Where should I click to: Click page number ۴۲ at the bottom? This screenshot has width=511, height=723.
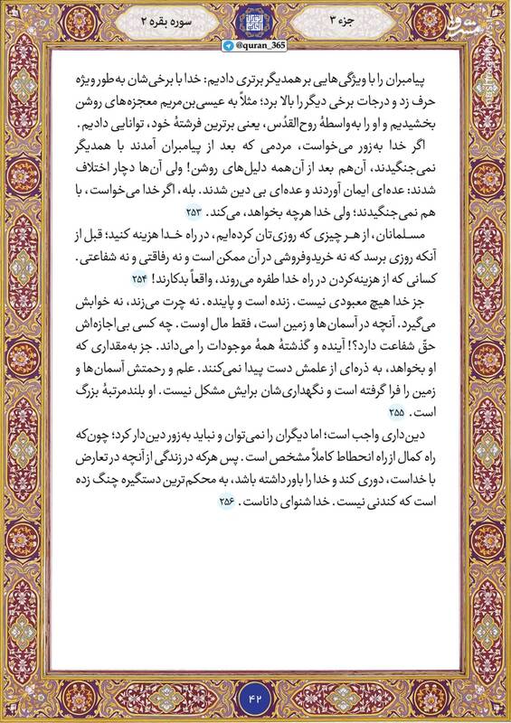pos(255,698)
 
